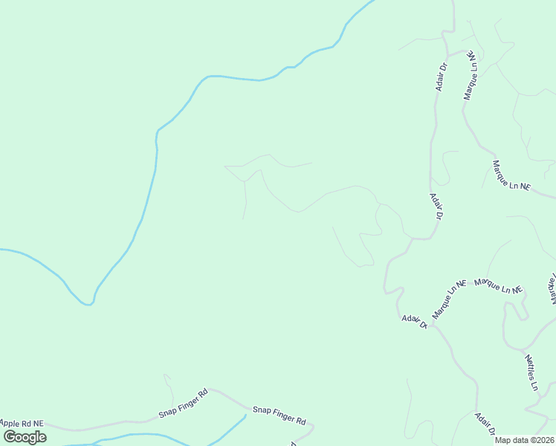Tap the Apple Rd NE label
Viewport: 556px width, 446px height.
tap(22, 423)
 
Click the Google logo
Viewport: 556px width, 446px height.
tap(25, 437)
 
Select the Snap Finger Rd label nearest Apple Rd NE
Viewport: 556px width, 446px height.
tap(183, 403)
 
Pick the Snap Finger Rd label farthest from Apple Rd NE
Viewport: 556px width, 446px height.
tap(279, 415)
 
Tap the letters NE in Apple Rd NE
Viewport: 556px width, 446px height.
tap(38, 423)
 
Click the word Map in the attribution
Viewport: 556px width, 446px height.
tap(503, 440)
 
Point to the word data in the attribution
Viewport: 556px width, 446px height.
tap(520, 440)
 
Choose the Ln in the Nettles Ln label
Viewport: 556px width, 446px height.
tap(534, 384)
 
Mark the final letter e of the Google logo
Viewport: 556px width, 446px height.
tap(42, 437)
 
